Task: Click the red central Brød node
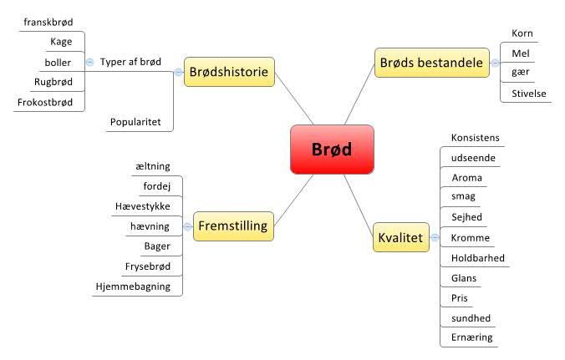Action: tap(332, 150)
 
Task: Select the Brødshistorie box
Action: tap(228, 72)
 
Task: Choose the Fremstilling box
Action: tap(232, 226)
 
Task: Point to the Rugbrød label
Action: tap(53, 82)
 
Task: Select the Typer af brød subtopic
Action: tap(130, 63)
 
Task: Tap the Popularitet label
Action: tap(140, 121)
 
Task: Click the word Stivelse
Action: tap(528, 94)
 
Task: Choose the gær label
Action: tap(520, 74)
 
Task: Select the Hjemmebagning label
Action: tap(132, 286)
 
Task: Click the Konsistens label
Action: tap(476, 138)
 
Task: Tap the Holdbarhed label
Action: tap(478, 258)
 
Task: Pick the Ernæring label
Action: tap(471, 337)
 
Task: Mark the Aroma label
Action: tap(466, 178)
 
